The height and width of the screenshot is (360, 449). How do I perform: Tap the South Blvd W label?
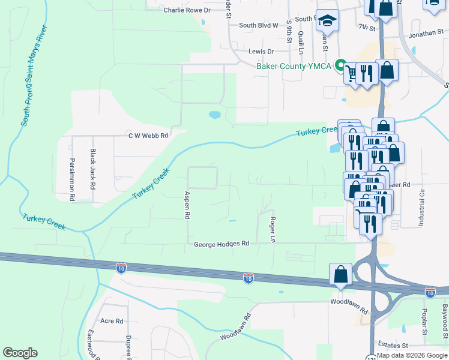pyautogui.click(x=259, y=25)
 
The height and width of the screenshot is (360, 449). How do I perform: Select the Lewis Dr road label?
pyautogui.click(x=261, y=52)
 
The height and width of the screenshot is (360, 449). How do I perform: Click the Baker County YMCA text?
pyautogui.click(x=294, y=66)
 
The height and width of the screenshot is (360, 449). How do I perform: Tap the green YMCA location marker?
pyautogui.click(x=340, y=64)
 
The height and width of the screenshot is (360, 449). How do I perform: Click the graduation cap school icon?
pyautogui.click(x=327, y=22)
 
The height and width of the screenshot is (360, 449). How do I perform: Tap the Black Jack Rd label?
pyautogui.click(x=93, y=169)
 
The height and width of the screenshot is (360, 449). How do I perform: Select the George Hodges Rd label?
pyautogui.click(x=221, y=244)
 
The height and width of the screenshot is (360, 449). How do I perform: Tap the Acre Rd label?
pyautogui.click(x=112, y=321)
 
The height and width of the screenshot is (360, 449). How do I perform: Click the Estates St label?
pyautogui.click(x=393, y=346)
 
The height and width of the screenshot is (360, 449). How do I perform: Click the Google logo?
pyautogui.click(x=20, y=353)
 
